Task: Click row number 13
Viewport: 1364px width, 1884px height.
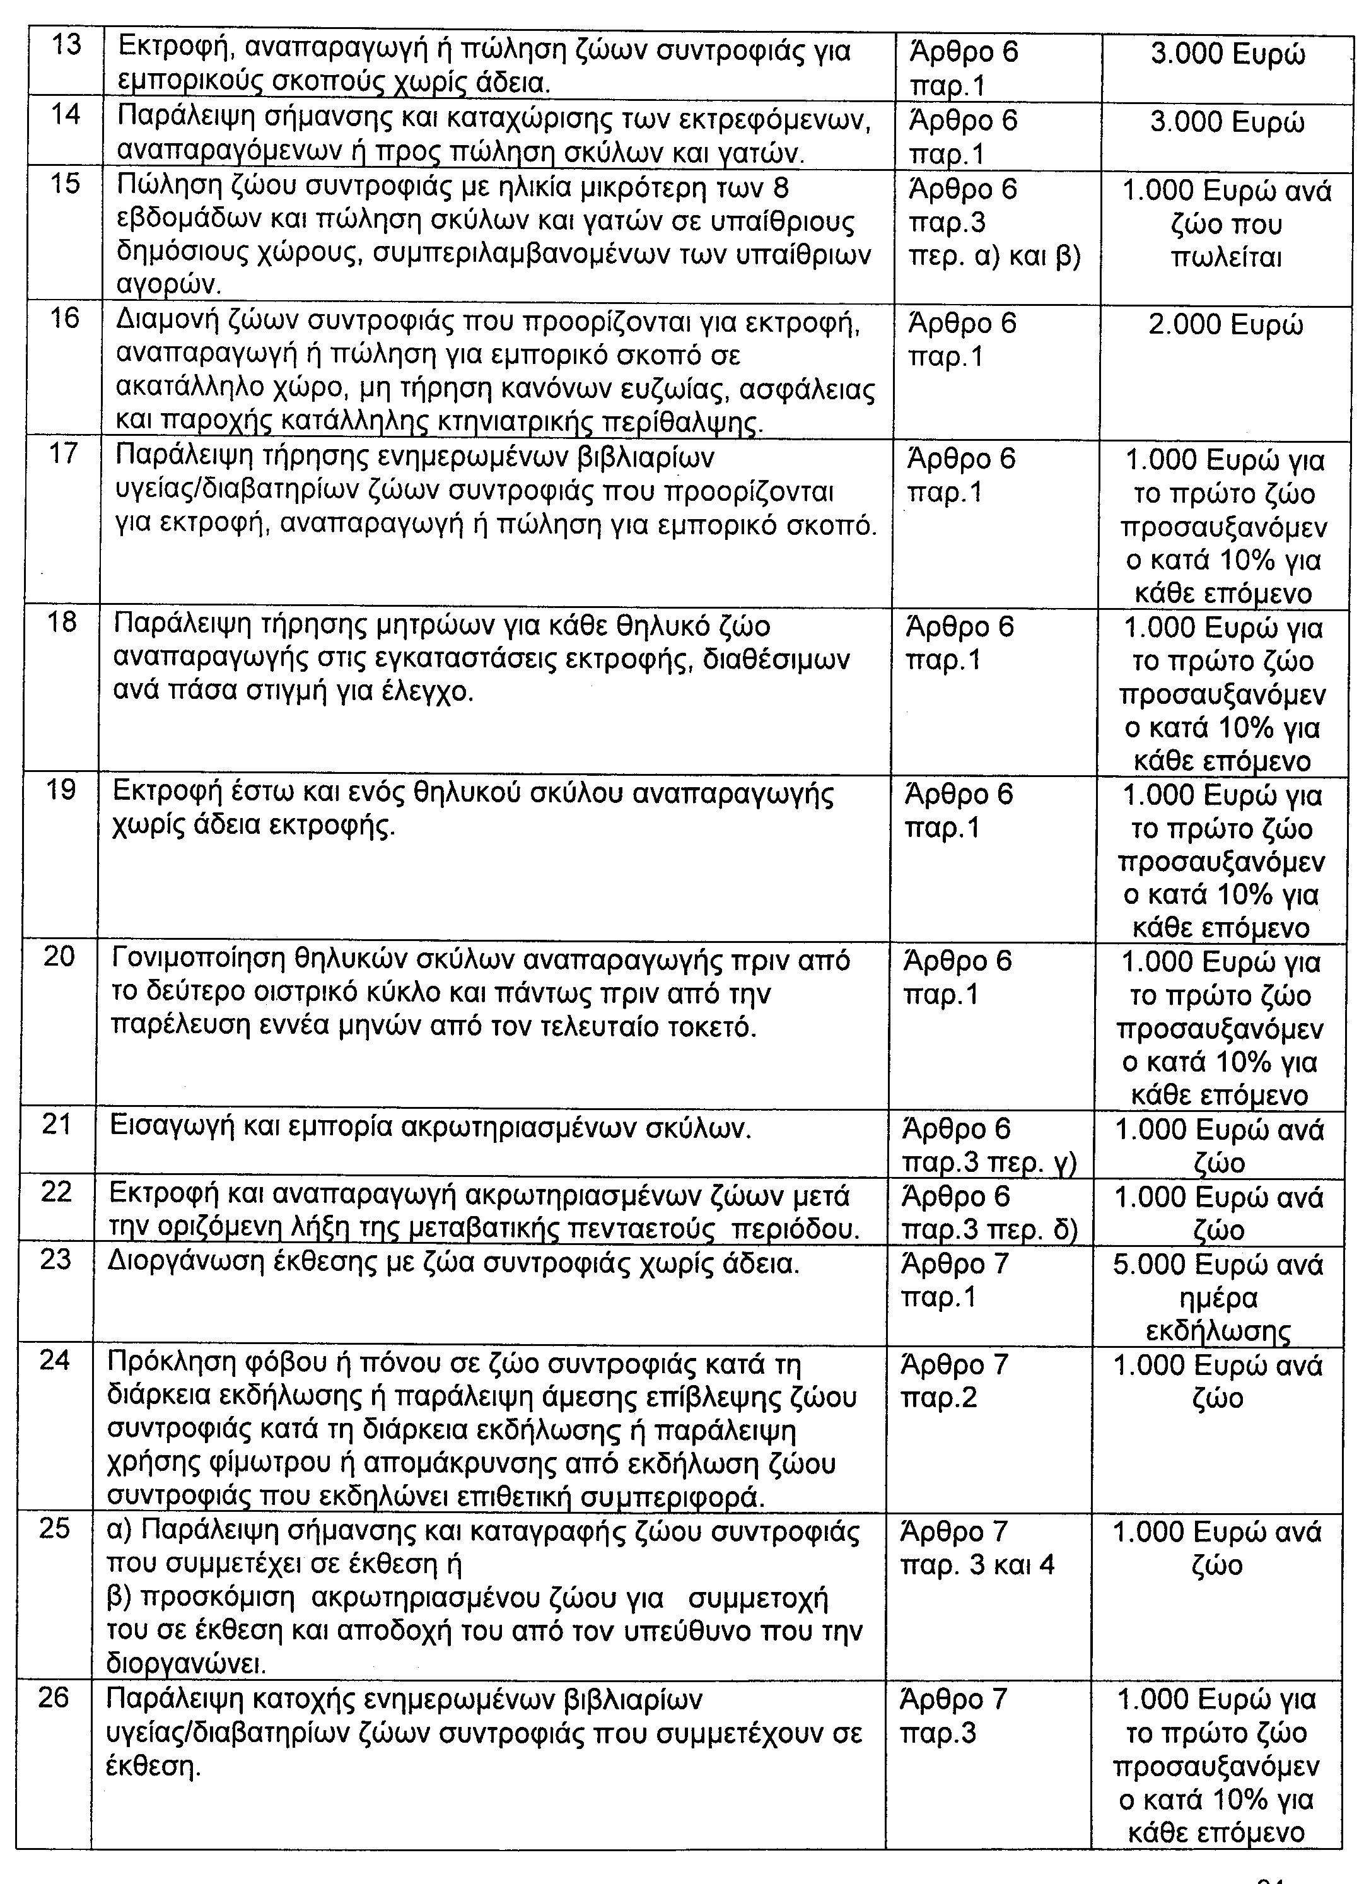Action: click(66, 45)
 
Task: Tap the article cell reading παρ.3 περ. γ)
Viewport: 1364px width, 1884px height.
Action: click(989, 1163)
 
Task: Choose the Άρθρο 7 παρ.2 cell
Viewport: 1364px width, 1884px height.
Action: click(953, 1381)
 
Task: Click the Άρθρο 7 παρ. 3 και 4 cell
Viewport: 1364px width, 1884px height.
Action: click(977, 1548)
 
